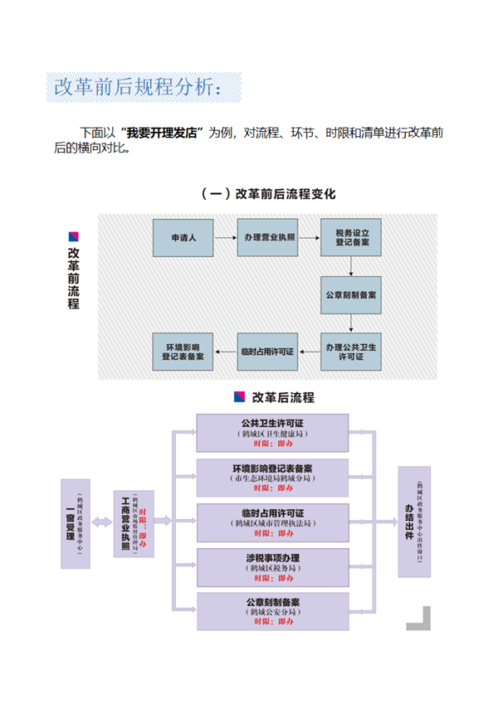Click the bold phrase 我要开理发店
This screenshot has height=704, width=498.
(163, 134)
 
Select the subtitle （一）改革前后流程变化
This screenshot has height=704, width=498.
(268, 194)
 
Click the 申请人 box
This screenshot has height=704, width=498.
(183, 237)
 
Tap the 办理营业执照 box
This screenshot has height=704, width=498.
(268, 237)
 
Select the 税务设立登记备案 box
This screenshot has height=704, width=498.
(352, 237)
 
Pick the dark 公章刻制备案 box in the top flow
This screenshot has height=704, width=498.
(352, 294)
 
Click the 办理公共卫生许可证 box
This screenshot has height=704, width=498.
(352, 352)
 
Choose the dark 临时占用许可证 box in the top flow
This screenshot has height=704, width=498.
(267, 352)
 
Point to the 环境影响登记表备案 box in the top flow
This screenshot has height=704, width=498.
(183, 352)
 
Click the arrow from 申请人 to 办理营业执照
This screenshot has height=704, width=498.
(225, 237)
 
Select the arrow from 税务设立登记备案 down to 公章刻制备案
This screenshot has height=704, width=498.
(352, 265)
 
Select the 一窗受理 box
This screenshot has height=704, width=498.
(76, 523)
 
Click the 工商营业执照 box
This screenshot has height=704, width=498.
(134, 523)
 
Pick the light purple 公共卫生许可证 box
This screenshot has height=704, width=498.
(272, 433)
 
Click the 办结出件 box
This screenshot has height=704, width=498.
(414, 522)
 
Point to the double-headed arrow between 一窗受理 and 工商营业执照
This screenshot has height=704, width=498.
(102, 522)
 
